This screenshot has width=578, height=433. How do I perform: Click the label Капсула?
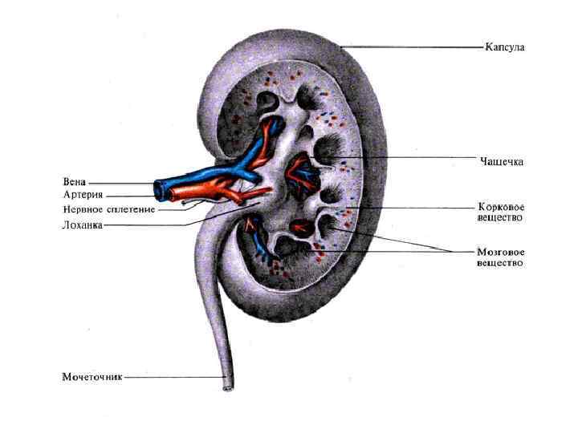pyautogui.click(x=503, y=47)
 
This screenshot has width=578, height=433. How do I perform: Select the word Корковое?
pyautogui.click(x=501, y=207)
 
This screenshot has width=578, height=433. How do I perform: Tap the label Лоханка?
pyautogui.click(x=83, y=225)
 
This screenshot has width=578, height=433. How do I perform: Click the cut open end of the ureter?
pyautogui.click(x=228, y=389)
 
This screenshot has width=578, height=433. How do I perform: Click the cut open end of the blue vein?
pyautogui.click(x=159, y=189)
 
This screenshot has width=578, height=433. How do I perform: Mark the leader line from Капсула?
pyautogui.click(x=417, y=47)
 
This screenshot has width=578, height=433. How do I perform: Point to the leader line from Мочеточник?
pyautogui.click(x=173, y=377)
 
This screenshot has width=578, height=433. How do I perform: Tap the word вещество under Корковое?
pyautogui.click(x=501, y=217)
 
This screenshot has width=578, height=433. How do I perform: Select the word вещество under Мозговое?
pyautogui.click(x=501, y=262)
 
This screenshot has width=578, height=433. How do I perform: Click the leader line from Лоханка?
pyautogui.click(x=144, y=225)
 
